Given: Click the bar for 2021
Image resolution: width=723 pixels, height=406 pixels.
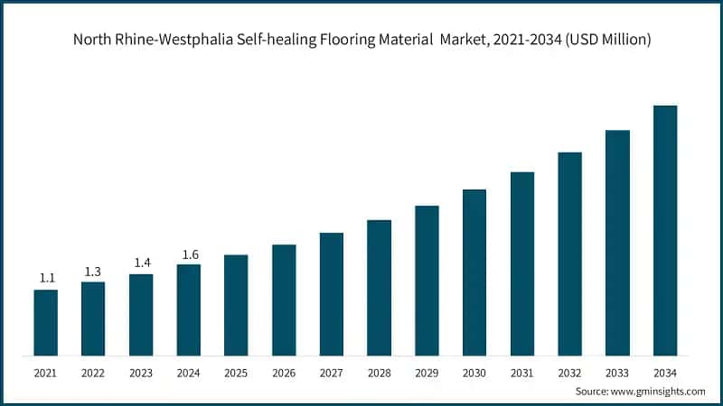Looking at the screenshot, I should pos(46,322).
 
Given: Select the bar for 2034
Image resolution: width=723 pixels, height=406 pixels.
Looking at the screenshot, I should pos(665,230).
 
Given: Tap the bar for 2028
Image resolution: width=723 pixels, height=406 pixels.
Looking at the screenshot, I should pos(380,287).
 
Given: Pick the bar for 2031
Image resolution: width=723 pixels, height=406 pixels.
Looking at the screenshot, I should pos(522,263).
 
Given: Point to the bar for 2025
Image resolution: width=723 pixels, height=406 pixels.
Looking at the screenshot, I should pos(236,305).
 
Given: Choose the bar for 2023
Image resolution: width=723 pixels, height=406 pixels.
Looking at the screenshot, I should pos(141,314).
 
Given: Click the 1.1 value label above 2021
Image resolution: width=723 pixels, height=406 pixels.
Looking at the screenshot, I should pos(46,278).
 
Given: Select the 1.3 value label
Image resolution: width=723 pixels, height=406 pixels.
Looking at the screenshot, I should pos(93,271).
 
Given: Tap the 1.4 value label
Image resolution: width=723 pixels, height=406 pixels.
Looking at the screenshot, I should pos(141,263).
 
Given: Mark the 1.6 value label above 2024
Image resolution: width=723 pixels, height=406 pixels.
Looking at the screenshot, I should pos(188,254).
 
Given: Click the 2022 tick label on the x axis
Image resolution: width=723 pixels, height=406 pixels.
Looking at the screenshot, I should pos(93,372).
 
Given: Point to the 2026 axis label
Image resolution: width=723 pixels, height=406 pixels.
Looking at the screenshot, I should pos(284,372).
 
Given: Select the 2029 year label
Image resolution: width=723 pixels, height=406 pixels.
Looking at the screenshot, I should pos(427,372).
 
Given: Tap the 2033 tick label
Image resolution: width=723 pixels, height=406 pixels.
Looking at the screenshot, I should pos(617,372).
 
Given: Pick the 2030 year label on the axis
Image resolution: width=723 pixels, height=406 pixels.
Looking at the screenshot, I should pos(474,372).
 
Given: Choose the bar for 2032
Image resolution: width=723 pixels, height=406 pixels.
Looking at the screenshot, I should pos(569,254).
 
